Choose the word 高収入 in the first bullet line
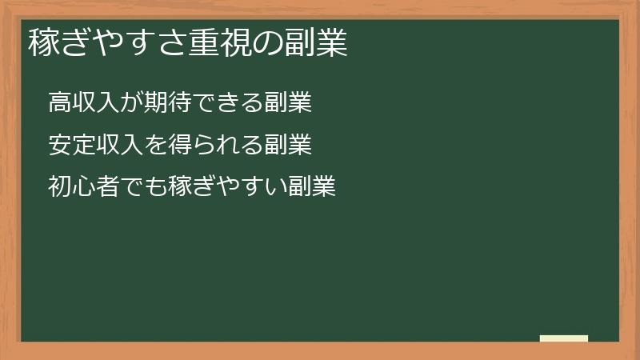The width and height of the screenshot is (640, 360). point(81,104)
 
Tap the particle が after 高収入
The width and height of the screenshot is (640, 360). point(126,104)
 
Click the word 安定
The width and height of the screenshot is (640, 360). point(70,146)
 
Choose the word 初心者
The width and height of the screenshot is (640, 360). point(81,187)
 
